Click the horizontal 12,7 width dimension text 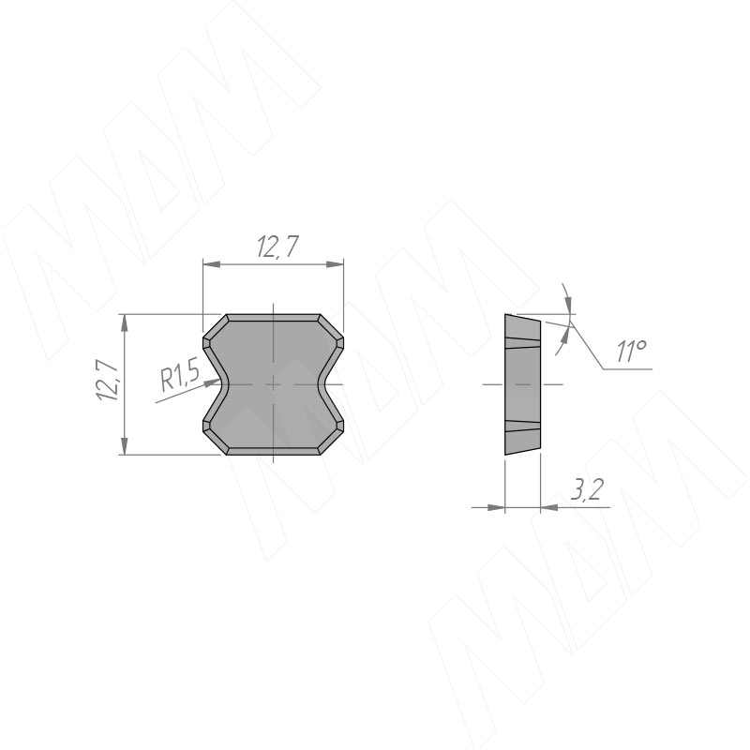[277, 247]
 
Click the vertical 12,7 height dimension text [108, 381]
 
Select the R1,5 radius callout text [180, 376]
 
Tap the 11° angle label [631, 352]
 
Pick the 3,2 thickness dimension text [587, 488]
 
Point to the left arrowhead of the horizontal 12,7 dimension [212, 264]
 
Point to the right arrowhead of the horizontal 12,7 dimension [336, 264]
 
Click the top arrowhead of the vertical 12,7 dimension [125, 322]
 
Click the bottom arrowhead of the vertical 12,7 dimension [125, 446]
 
